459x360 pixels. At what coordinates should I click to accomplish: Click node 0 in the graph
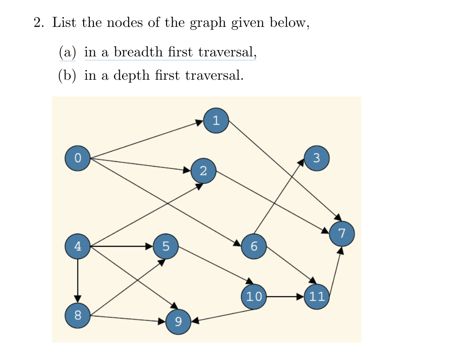pos(78,159)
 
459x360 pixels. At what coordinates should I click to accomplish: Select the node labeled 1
pos(216,120)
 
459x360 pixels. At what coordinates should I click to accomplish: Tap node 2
pos(203,171)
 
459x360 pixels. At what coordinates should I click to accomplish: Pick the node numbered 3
pos(316,158)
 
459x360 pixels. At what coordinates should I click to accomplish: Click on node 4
pos(78,246)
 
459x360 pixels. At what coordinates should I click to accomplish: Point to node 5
pos(166,246)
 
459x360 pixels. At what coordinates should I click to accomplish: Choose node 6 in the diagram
pos(254,246)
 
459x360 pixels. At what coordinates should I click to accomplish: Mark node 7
pos(342,233)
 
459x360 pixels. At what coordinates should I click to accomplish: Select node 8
pos(78,315)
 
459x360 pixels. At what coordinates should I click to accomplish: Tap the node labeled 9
pos(178,322)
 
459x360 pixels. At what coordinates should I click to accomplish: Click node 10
pos(254,297)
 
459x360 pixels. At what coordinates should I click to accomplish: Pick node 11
pos(316,297)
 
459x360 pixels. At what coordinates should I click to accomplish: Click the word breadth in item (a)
pos(138,52)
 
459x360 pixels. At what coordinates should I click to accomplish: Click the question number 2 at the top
pos(38,22)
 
